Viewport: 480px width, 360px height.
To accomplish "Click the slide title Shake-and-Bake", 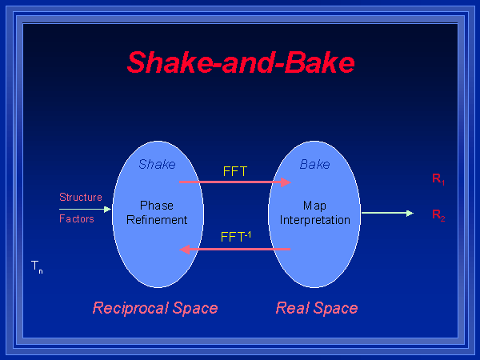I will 240,62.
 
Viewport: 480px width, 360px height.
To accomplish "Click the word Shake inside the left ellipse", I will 157,165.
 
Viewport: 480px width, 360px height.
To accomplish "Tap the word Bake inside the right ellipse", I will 314,165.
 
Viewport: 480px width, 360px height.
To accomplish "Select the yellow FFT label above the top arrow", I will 236,171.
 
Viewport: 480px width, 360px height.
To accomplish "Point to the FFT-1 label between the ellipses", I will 236,237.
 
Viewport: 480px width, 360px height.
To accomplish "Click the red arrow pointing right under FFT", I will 234,182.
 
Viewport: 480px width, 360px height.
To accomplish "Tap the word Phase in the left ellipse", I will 157,206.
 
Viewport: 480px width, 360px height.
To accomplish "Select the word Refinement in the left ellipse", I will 157,220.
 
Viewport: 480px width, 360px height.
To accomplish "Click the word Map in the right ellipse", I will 314,206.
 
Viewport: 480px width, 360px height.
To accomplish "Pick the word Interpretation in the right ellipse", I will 315,220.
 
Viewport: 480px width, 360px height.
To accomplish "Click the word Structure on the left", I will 81,197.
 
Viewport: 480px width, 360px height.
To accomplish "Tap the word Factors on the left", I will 77,218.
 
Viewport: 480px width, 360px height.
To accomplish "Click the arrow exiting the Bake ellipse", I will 387,213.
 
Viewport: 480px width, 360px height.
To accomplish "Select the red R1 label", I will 438,180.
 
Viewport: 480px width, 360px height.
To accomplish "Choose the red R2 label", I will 438,215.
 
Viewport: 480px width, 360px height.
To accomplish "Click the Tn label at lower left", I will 37,266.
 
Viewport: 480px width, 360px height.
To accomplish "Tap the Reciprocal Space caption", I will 155,308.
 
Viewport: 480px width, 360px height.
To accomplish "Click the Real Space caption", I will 317,308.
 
